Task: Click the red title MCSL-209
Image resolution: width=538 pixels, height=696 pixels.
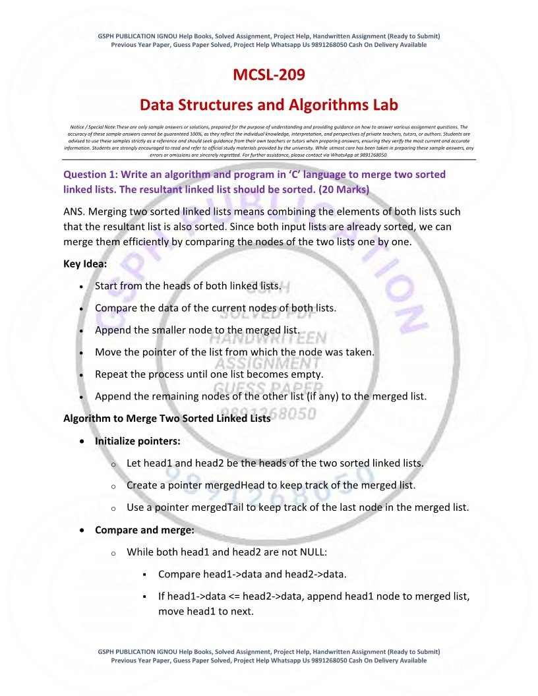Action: (269, 75)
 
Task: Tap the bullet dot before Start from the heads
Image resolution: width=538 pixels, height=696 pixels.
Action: (80, 287)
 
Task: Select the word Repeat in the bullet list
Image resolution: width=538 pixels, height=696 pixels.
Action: (112, 374)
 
